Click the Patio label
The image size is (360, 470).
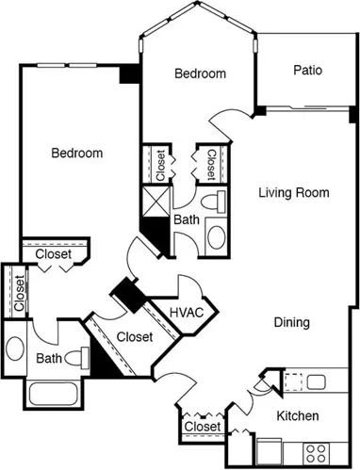click(x=307, y=70)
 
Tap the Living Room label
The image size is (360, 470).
click(x=294, y=192)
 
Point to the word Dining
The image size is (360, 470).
click(x=292, y=322)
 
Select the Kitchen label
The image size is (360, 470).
click(x=298, y=415)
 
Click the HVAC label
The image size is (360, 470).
click(x=187, y=313)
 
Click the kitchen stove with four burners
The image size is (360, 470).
click(x=316, y=453)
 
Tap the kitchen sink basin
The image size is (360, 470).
click(x=317, y=382)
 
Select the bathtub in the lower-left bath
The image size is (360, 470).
click(x=53, y=394)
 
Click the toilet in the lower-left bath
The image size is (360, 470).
click(x=76, y=358)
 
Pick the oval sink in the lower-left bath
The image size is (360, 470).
click(x=15, y=348)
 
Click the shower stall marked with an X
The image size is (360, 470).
click(x=155, y=202)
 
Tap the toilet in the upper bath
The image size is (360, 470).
click(x=213, y=200)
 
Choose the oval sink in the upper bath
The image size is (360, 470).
click(x=217, y=237)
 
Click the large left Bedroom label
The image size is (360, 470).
click(x=77, y=153)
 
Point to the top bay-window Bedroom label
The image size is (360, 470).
click(x=200, y=73)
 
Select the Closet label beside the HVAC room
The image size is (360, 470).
click(x=135, y=337)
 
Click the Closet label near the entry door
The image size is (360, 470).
click(x=203, y=427)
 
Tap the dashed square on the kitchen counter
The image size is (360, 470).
click(x=293, y=382)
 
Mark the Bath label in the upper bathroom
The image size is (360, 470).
click(x=187, y=219)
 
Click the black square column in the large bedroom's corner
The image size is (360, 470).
click(x=129, y=74)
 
